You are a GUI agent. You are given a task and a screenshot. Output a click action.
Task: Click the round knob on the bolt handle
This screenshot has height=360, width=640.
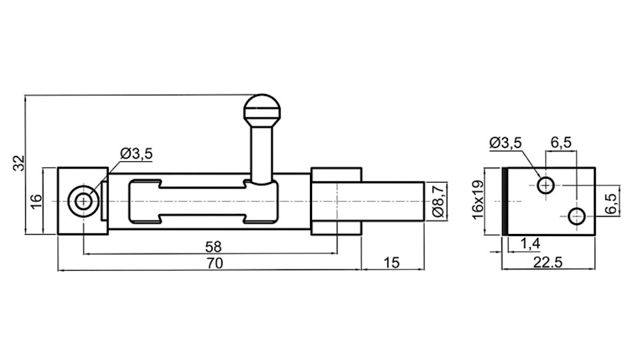point(262,108)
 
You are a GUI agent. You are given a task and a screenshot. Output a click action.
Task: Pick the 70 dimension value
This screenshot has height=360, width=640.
point(214,263)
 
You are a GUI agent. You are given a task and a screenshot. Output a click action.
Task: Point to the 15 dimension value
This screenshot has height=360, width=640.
point(392,263)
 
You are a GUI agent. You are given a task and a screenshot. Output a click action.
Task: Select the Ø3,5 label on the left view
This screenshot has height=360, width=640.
point(136,154)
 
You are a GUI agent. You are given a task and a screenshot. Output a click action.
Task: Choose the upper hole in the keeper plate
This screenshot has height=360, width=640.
point(546,185)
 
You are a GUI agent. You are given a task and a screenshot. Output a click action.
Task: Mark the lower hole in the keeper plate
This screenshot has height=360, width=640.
point(576,215)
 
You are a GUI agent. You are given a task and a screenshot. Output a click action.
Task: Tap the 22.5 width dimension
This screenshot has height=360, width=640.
point(548,263)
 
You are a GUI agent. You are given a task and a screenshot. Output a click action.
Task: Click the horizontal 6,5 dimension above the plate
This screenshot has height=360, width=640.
point(561,142)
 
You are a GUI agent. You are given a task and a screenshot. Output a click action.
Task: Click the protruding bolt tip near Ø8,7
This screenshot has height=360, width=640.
point(393,200)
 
